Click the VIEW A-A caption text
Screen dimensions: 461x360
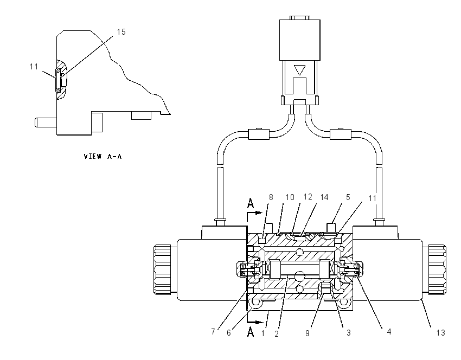[x=103, y=156]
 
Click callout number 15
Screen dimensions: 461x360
[x=121, y=32]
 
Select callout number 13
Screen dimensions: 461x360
[x=440, y=333]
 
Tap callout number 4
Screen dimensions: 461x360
[x=389, y=332]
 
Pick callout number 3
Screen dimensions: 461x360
[x=348, y=333]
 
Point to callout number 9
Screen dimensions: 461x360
[x=307, y=333]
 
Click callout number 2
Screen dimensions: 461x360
[x=277, y=333]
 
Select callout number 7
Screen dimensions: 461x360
[x=213, y=332]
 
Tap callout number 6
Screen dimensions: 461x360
[x=229, y=333]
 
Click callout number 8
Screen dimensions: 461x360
[x=271, y=197]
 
